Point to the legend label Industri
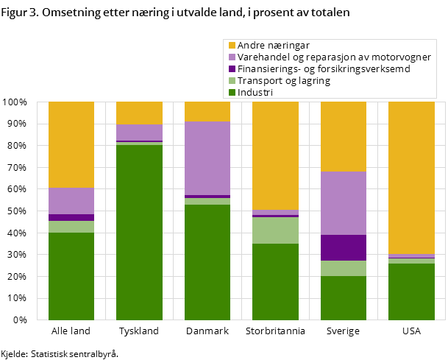pyautogui.click(x=255, y=92)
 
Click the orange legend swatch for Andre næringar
pyautogui.click(x=232, y=45)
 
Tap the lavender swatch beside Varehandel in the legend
pyautogui.click(x=232, y=57)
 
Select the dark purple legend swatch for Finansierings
pyautogui.click(x=232, y=68)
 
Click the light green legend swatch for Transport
pyautogui.click(x=232, y=80)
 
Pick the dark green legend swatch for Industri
pyautogui.click(x=232, y=92)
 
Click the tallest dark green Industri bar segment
pyautogui.click(x=139, y=232)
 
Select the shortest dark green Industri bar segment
pyautogui.click(x=344, y=297)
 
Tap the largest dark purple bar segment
pyautogui.click(x=344, y=247)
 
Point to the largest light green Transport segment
pyautogui.click(x=275, y=230)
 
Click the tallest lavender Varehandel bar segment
pyautogui.click(x=207, y=158)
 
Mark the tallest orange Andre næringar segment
pyautogui.click(x=411, y=177)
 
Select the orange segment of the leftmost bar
pyautogui.click(x=71, y=144)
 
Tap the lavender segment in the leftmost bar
pyautogui.click(x=71, y=201)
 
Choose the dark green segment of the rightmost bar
pyautogui.click(x=411, y=292)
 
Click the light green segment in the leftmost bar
pyautogui.click(x=71, y=227)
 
